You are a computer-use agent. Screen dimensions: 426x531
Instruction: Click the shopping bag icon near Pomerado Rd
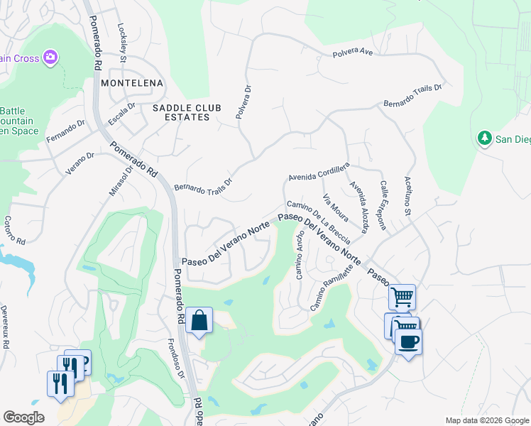click(199, 320)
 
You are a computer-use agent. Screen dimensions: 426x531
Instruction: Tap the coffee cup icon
click(408, 342)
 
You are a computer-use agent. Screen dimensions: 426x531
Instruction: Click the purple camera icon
click(50, 57)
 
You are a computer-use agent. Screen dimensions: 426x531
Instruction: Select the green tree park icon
click(486, 138)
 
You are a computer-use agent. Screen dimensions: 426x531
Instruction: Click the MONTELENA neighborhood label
click(132, 83)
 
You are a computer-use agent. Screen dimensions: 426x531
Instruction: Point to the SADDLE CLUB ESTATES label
click(182, 112)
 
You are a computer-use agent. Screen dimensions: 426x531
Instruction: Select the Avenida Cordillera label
click(319, 172)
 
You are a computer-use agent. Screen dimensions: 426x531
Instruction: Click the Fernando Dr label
click(65, 131)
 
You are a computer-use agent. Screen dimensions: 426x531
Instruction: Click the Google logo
click(23, 417)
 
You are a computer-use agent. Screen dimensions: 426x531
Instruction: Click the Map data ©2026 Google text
click(486, 420)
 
